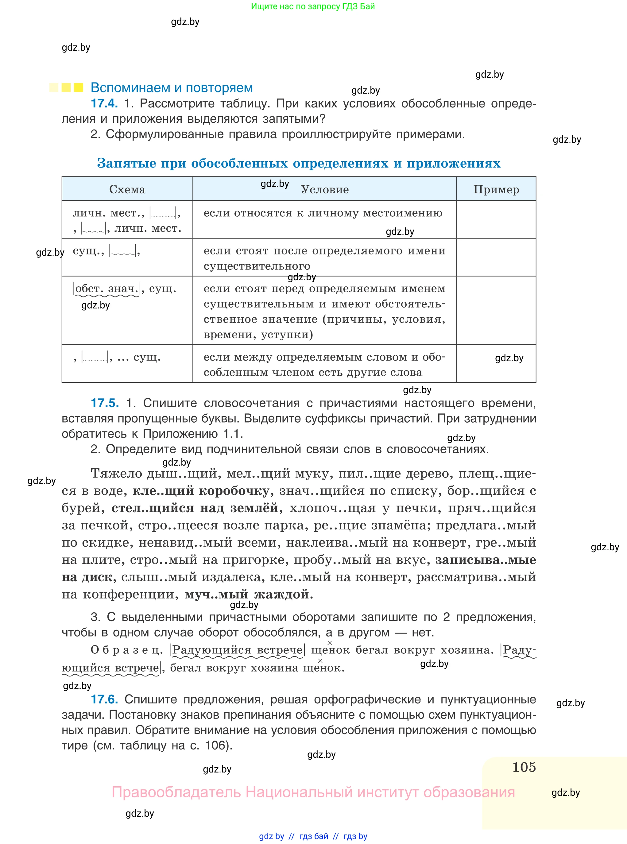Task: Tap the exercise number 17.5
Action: (105, 403)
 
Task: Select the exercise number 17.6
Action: (104, 699)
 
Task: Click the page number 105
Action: (524, 767)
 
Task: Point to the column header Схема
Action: (127, 189)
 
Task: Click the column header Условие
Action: (324, 189)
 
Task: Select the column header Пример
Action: (496, 189)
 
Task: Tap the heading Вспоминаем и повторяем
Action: (172, 88)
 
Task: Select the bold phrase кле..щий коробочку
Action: (201, 491)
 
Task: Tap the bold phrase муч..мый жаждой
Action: (249, 594)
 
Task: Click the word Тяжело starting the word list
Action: (116, 474)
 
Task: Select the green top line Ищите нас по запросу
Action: (313, 6)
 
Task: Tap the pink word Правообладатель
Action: (176, 792)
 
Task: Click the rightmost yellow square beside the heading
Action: (78, 88)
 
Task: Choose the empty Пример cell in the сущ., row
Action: (496, 257)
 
